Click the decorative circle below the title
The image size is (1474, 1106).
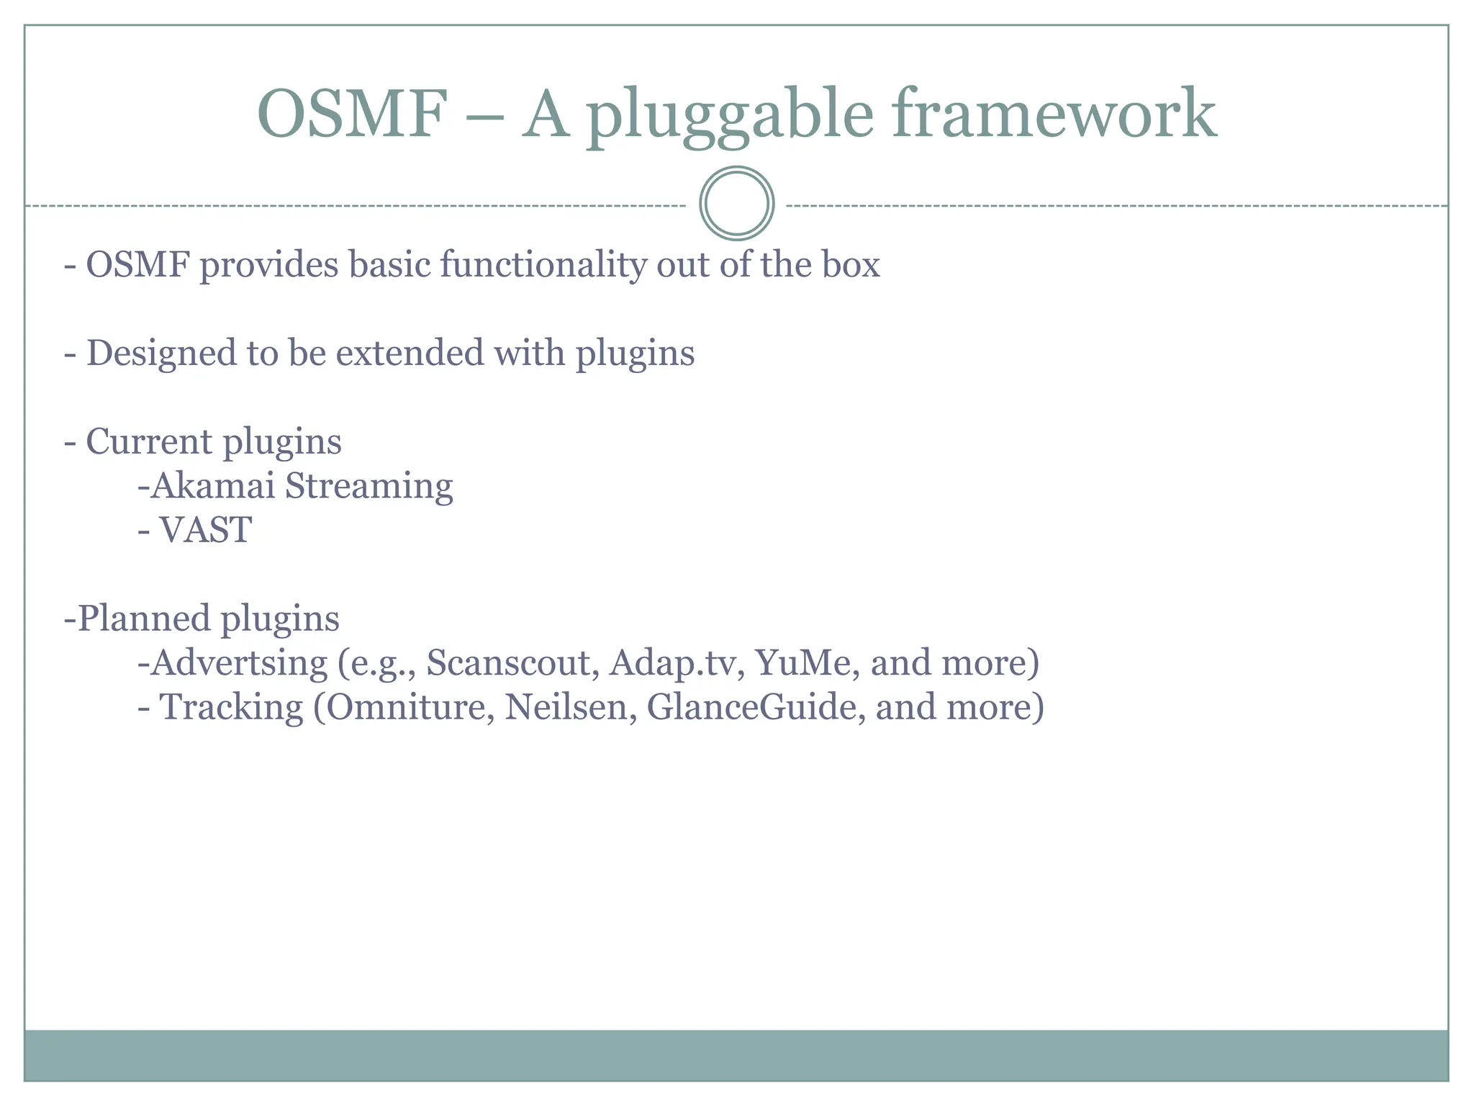pyautogui.click(x=736, y=204)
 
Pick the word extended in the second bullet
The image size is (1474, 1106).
pyautogui.click(x=410, y=354)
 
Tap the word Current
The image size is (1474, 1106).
pyautogui.click(x=149, y=441)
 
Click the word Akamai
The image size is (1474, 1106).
pyautogui.click(x=213, y=486)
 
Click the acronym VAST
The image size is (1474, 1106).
pyautogui.click(x=205, y=531)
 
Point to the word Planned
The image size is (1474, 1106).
pyautogui.click(x=143, y=619)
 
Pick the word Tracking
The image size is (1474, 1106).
pyautogui.click(x=230, y=708)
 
